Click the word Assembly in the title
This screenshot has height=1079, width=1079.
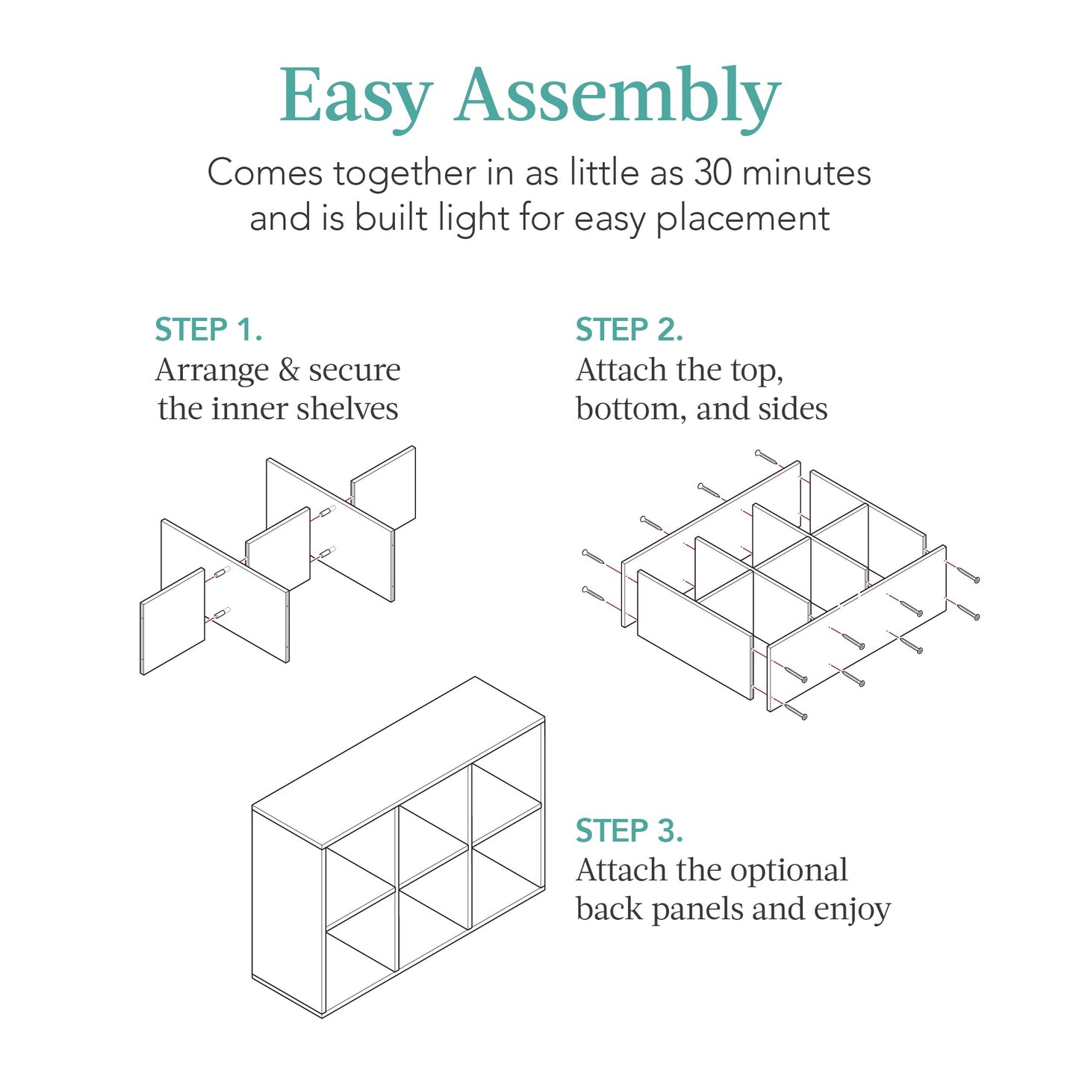[618, 97]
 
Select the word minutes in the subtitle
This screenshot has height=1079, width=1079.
[806, 173]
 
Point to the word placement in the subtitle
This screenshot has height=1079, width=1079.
[742, 220]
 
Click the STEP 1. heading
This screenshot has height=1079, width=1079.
[208, 330]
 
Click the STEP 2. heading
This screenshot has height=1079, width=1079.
[629, 330]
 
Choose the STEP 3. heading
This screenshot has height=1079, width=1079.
[629, 831]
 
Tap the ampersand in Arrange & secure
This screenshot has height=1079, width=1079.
[288, 370]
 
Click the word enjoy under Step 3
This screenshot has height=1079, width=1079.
[852, 910]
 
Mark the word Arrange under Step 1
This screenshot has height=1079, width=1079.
[212, 370]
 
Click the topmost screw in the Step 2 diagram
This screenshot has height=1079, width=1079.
[767, 457]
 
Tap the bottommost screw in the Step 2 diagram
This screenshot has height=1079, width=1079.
[795, 711]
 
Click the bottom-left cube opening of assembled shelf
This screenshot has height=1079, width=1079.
[360, 963]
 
